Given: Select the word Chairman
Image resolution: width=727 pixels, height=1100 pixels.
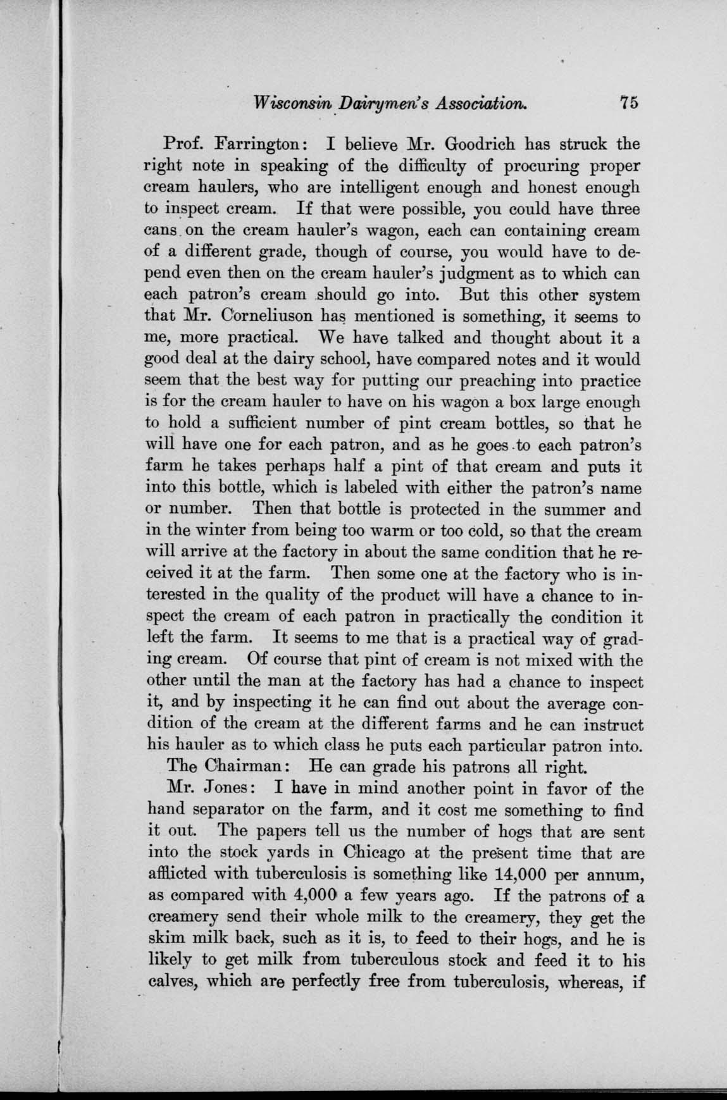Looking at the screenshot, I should pyautogui.click(x=242, y=768).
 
